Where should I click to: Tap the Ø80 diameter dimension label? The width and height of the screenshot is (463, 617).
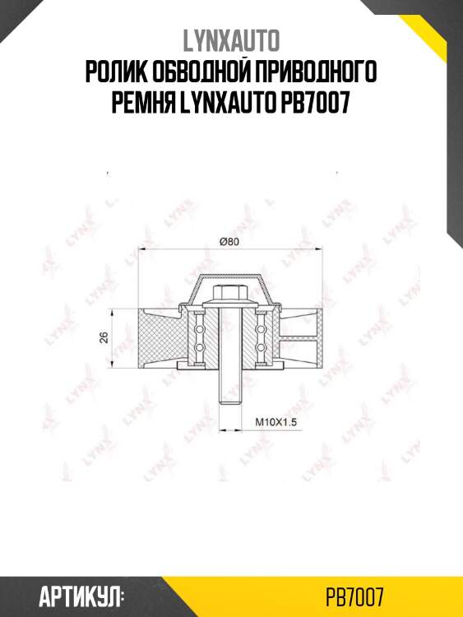[x=229, y=241]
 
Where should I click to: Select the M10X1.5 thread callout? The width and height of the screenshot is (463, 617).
[x=275, y=421]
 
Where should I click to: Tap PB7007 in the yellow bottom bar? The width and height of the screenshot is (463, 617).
[x=355, y=596]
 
